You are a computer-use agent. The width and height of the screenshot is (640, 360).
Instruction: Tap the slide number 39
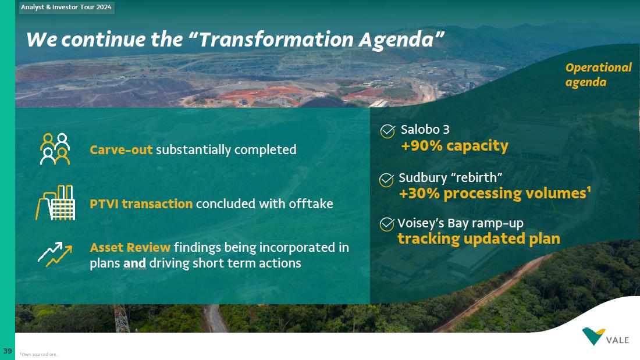pos(8,351)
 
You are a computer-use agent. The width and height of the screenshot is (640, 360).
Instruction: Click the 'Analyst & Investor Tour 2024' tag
pos(66,8)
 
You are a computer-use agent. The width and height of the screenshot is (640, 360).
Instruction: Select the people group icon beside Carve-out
pos(55,149)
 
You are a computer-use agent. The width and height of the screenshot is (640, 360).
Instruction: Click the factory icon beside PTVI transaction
pos(55,202)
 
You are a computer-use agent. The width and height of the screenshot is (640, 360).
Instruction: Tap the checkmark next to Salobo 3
pos(387,131)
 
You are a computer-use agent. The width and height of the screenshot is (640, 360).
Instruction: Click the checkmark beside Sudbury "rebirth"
pos(386,180)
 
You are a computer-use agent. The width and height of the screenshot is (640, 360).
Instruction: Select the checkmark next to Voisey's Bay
pos(387,224)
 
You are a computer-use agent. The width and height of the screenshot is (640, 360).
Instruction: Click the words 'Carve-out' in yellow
pos(121,150)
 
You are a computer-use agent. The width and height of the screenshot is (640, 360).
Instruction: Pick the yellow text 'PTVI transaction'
pos(141,204)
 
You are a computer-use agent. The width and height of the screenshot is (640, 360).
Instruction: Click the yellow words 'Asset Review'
pos(130,247)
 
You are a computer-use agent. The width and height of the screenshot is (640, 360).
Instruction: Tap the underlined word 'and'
pos(135,263)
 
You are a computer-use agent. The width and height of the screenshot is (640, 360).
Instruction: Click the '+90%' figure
pos(422,146)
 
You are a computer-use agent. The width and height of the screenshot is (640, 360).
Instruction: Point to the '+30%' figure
pos(419,193)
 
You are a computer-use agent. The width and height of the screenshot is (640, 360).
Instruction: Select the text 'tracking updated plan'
pos(479,239)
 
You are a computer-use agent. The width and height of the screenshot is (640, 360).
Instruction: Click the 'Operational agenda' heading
pos(598,74)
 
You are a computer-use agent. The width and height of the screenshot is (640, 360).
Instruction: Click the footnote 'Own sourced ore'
pos(39,354)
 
